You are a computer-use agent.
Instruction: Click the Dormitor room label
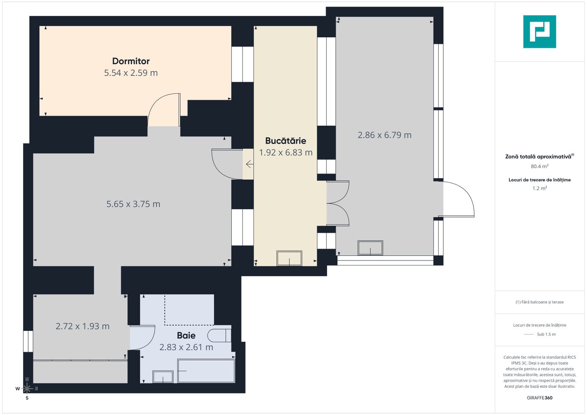click(131, 61)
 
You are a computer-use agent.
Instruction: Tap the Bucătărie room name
click(286, 141)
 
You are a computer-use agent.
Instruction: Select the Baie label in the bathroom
click(186, 335)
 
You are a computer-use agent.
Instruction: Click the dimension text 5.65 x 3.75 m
click(133, 204)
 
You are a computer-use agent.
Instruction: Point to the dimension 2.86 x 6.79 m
click(384, 135)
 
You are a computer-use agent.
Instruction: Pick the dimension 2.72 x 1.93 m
click(82, 326)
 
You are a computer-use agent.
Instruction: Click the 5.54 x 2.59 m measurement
click(131, 73)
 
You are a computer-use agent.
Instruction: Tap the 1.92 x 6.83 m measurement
click(286, 153)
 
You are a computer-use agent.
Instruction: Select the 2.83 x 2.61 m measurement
click(186, 347)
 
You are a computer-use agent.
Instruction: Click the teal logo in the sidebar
click(539, 32)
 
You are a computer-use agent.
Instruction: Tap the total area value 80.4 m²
click(539, 166)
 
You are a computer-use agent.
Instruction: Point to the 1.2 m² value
click(539, 188)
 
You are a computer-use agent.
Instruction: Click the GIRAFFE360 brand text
click(539, 398)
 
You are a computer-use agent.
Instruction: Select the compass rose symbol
click(27, 388)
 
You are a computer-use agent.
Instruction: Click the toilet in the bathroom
click(219, 335)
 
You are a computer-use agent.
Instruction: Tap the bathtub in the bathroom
click(206, 371)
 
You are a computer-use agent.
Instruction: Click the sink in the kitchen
click(289, 258)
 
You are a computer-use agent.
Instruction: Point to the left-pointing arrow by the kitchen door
click(249, 164)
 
